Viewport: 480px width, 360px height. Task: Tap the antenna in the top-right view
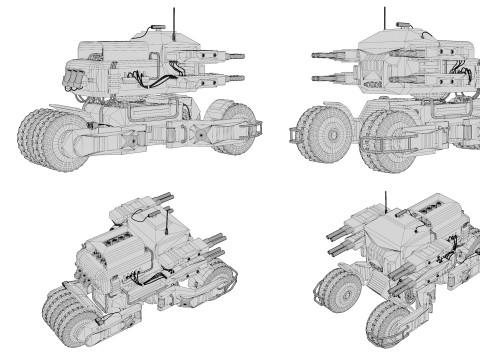383,18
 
